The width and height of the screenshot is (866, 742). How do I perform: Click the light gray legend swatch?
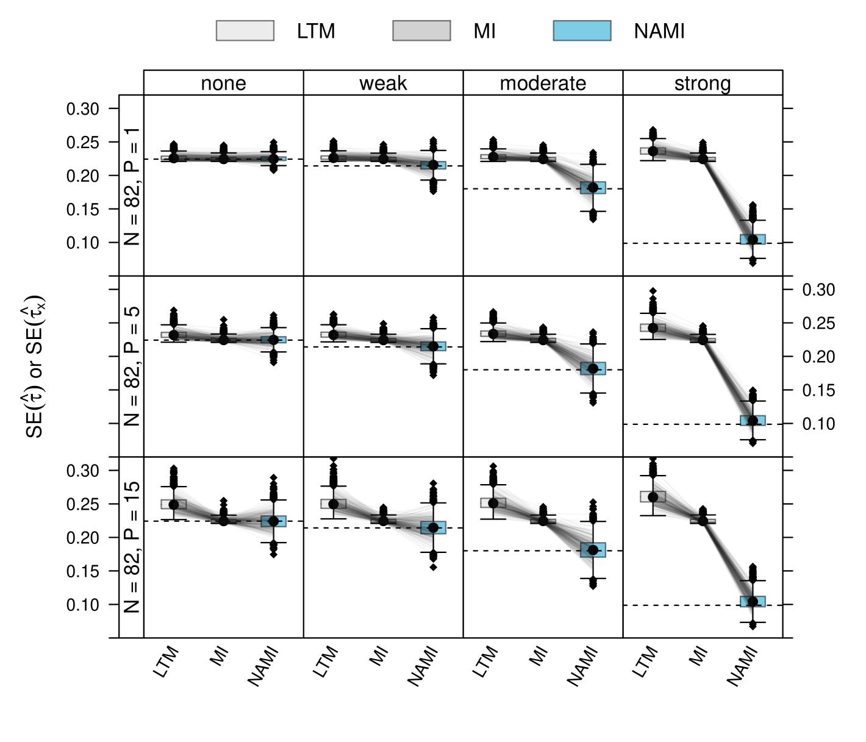point(245,30)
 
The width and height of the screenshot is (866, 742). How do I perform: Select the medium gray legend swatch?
point(421,30)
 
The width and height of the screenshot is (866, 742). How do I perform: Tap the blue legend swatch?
point(582,30)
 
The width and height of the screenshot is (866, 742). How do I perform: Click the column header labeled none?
point(223,83)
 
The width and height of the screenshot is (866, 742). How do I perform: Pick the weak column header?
point(383,83)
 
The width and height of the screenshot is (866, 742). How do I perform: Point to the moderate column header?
point(543,83)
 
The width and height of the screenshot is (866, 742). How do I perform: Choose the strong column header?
point(703,83)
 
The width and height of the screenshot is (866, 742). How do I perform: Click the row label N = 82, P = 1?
point(131,186)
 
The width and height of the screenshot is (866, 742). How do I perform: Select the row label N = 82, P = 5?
point(131,366)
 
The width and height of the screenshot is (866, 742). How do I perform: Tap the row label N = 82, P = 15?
point(131,547)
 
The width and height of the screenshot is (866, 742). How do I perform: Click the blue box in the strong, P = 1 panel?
point(753,239)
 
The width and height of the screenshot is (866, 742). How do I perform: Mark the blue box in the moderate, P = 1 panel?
point(593,187)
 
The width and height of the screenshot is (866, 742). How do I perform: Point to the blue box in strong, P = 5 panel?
point(753,420)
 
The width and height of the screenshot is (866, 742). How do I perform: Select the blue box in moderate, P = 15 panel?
point(593,550)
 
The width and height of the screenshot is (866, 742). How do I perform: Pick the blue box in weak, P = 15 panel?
point(433,527)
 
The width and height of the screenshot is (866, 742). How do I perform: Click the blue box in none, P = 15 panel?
point(273,521)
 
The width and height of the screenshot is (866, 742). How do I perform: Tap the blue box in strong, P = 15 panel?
point(753,601)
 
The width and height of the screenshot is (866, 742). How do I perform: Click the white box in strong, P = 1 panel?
point(645,151)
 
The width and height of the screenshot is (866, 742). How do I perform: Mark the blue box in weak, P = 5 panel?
point(434,346)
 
